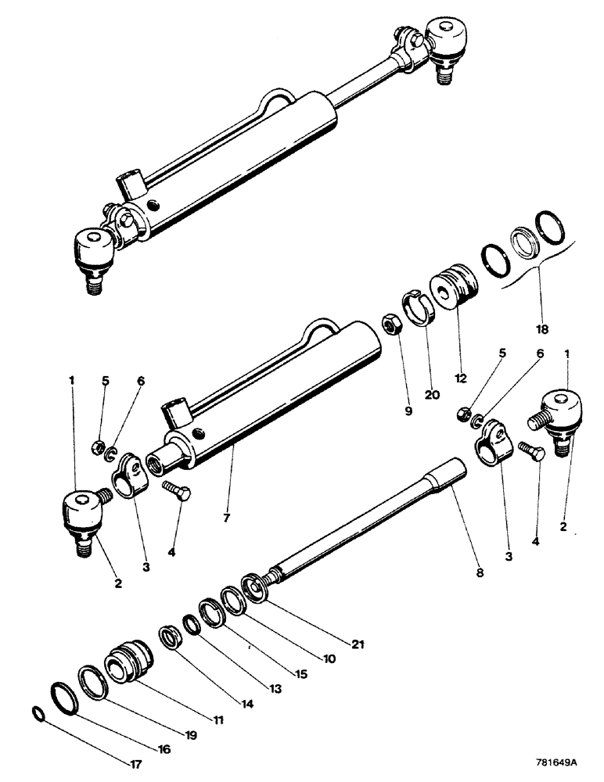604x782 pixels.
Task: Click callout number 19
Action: coord(191,735)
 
